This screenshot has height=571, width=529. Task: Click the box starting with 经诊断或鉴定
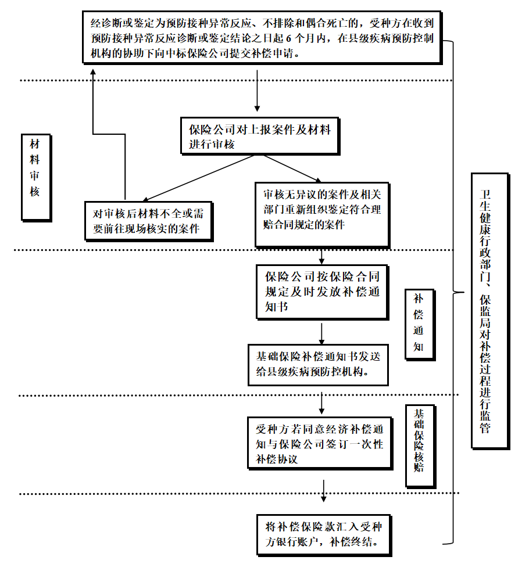[265, 38]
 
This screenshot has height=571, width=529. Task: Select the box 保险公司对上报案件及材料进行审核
[259, 137]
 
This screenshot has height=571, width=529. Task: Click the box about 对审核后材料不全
[148, 221]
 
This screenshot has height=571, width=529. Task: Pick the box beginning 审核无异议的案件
[321, 214]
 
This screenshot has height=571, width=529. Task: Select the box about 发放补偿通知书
[322, 292]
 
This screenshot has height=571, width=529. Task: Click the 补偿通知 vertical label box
[420, 324]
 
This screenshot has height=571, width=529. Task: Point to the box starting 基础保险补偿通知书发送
[317, 364]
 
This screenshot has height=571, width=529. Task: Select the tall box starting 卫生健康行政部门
[489, 311]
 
